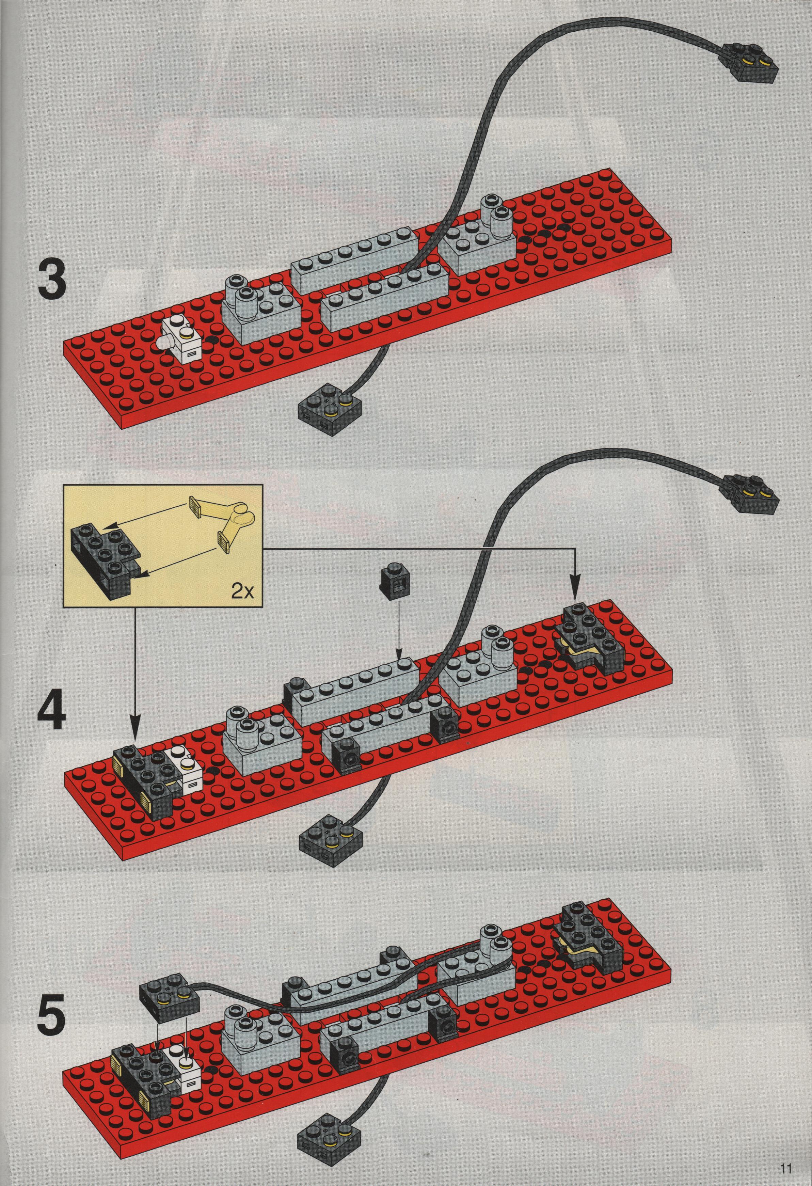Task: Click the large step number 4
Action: coord(51,704)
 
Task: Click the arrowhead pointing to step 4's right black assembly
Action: coord(576,592)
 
